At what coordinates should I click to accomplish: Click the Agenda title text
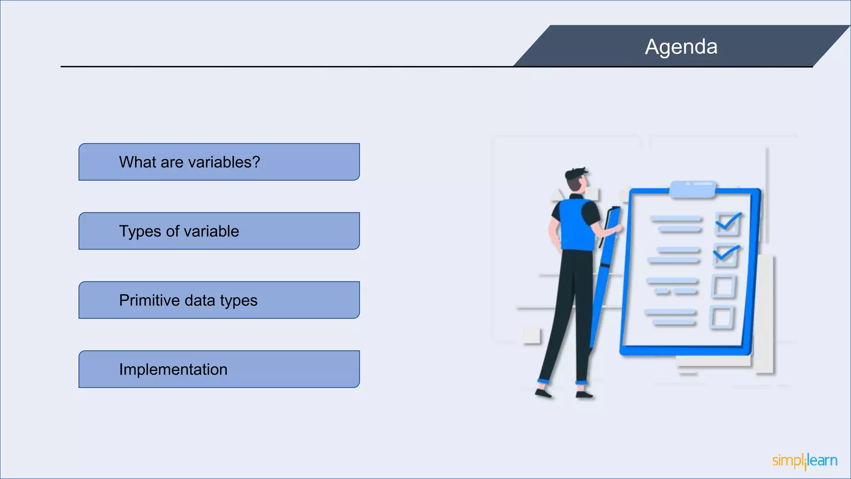coord(681,47)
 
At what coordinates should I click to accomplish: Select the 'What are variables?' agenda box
coord(219,162)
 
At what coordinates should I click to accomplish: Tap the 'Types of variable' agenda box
coord(219,231)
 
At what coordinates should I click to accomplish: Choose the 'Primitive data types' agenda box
coord(219,300)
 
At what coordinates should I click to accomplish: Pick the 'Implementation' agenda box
coord(219,369)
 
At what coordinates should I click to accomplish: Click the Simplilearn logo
coord(804,461)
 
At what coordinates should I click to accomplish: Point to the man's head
coord(577,179)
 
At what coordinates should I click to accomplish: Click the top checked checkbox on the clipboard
coord(727,224)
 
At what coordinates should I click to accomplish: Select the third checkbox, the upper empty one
coord(723,286)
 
